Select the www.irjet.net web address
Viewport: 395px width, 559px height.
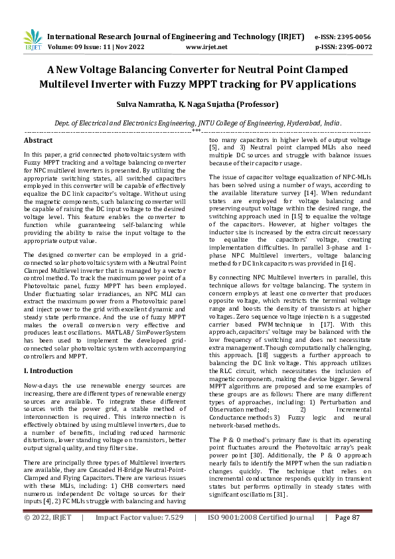pyautogui.click(x=206, y=47)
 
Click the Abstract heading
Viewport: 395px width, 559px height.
pyautogui.click(x=39, y=141)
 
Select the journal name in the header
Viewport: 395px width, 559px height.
pyautogui.click(x=167, y=37)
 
